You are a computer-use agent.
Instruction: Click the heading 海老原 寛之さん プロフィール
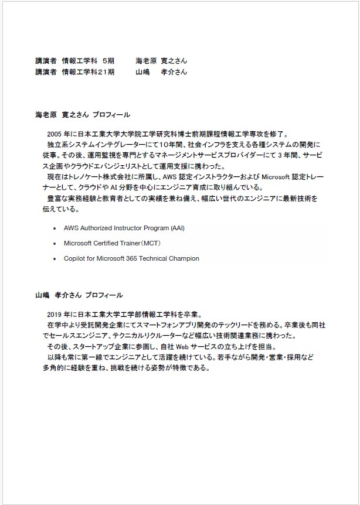(x=83, y=115)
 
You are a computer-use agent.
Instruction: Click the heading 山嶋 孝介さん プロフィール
(x=79, y=295)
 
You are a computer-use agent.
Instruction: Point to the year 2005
(x=55, y=134)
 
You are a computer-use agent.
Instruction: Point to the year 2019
(x=55, y=313)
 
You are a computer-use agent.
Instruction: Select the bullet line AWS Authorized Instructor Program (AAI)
(x=127, y=227)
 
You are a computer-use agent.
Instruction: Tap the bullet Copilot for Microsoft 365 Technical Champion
(x=131, y=258)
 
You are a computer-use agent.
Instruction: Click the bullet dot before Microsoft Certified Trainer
(x=55, y=243)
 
